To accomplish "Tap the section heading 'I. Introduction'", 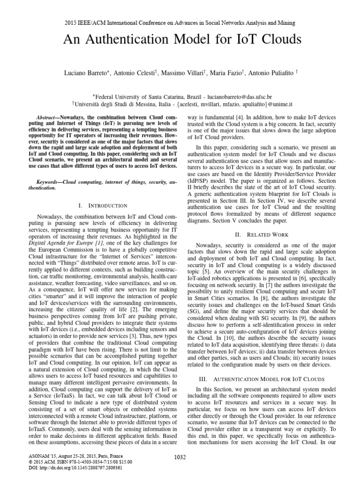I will pyautogui.click(x=104, y=205).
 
